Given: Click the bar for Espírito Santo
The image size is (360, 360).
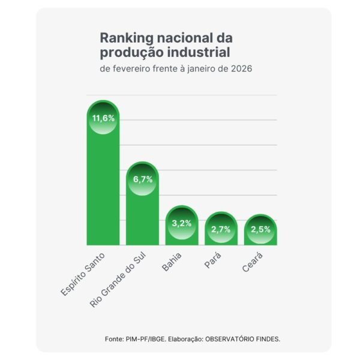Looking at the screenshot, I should click(x=103, y=180).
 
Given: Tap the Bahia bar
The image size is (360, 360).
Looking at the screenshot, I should click(x=182, y=231).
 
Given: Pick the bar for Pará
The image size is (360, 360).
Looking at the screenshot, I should click(x=221, y=234).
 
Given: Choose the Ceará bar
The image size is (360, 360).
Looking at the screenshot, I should click(x=261, y=235).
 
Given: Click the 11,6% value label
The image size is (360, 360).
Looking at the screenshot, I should click(x=103, y=118).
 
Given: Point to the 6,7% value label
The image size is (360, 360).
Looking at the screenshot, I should click(x=142, y=179).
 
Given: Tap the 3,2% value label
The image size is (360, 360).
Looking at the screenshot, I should click(x=182, y=223).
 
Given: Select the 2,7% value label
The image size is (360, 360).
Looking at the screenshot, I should click(x=221, y=229).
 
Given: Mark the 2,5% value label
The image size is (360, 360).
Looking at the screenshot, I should click(x=261, y=230).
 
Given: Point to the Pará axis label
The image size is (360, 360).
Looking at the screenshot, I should click(x=214, y=260).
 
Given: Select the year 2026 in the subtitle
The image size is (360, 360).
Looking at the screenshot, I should click(x=242, y=68).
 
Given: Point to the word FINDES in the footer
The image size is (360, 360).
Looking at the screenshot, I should click(x=267, y=339).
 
